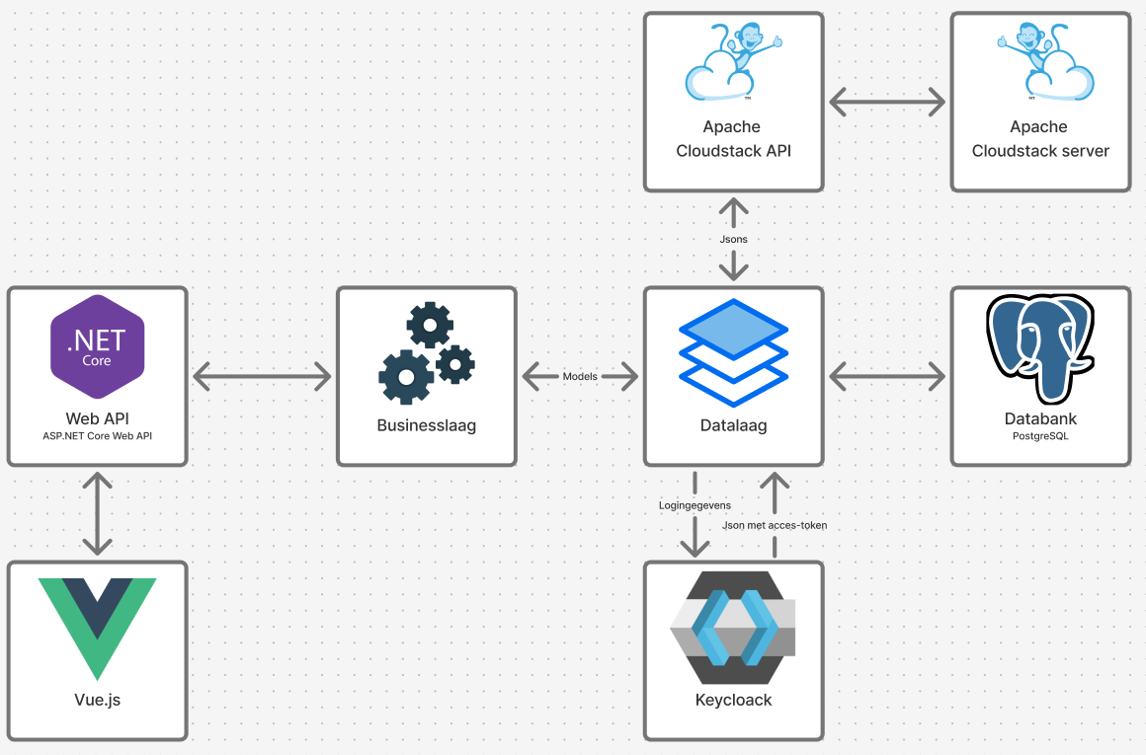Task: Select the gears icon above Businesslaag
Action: [427, 354]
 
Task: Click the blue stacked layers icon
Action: [733, 352]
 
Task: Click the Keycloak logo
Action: [733, 628]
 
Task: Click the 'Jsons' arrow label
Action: [733, 239]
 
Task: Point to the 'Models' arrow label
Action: [580, 376]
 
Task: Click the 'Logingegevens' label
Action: [695, 505]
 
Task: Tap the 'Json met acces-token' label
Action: [775, 525]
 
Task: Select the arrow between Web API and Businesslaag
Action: [262, 376]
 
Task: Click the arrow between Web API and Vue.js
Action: [97, 513]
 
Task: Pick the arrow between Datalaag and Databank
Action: [886, 376]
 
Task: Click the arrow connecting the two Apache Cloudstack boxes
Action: [886, 102]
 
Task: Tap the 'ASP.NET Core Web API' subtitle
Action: [97, 435]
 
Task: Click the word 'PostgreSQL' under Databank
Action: [1040, 435]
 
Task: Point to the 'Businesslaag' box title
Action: [427, 425]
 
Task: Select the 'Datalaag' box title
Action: [733, 425]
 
